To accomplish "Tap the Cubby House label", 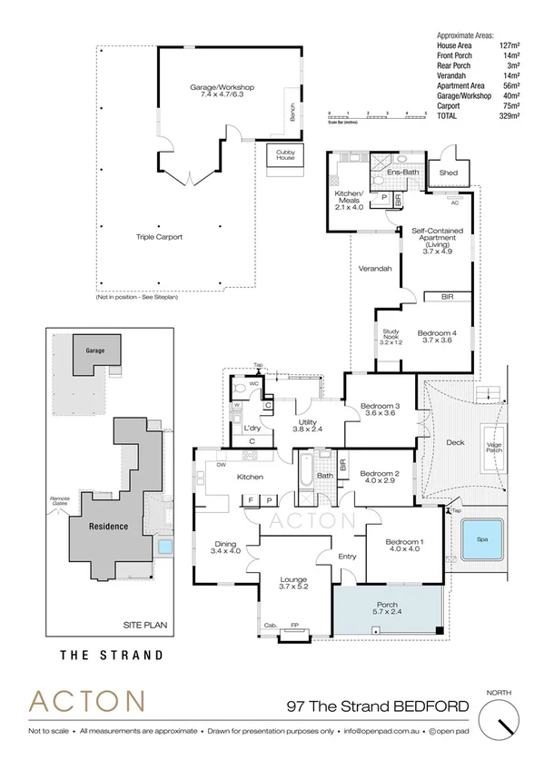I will coord(285,154).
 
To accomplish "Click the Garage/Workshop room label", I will coord(222,92).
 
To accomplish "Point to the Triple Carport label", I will coord(161,237).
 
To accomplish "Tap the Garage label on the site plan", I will coord(95,350).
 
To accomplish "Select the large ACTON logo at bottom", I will coord(87,702).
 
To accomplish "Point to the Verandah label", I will coord(375,269).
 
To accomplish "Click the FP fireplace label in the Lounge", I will coord(294,625).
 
